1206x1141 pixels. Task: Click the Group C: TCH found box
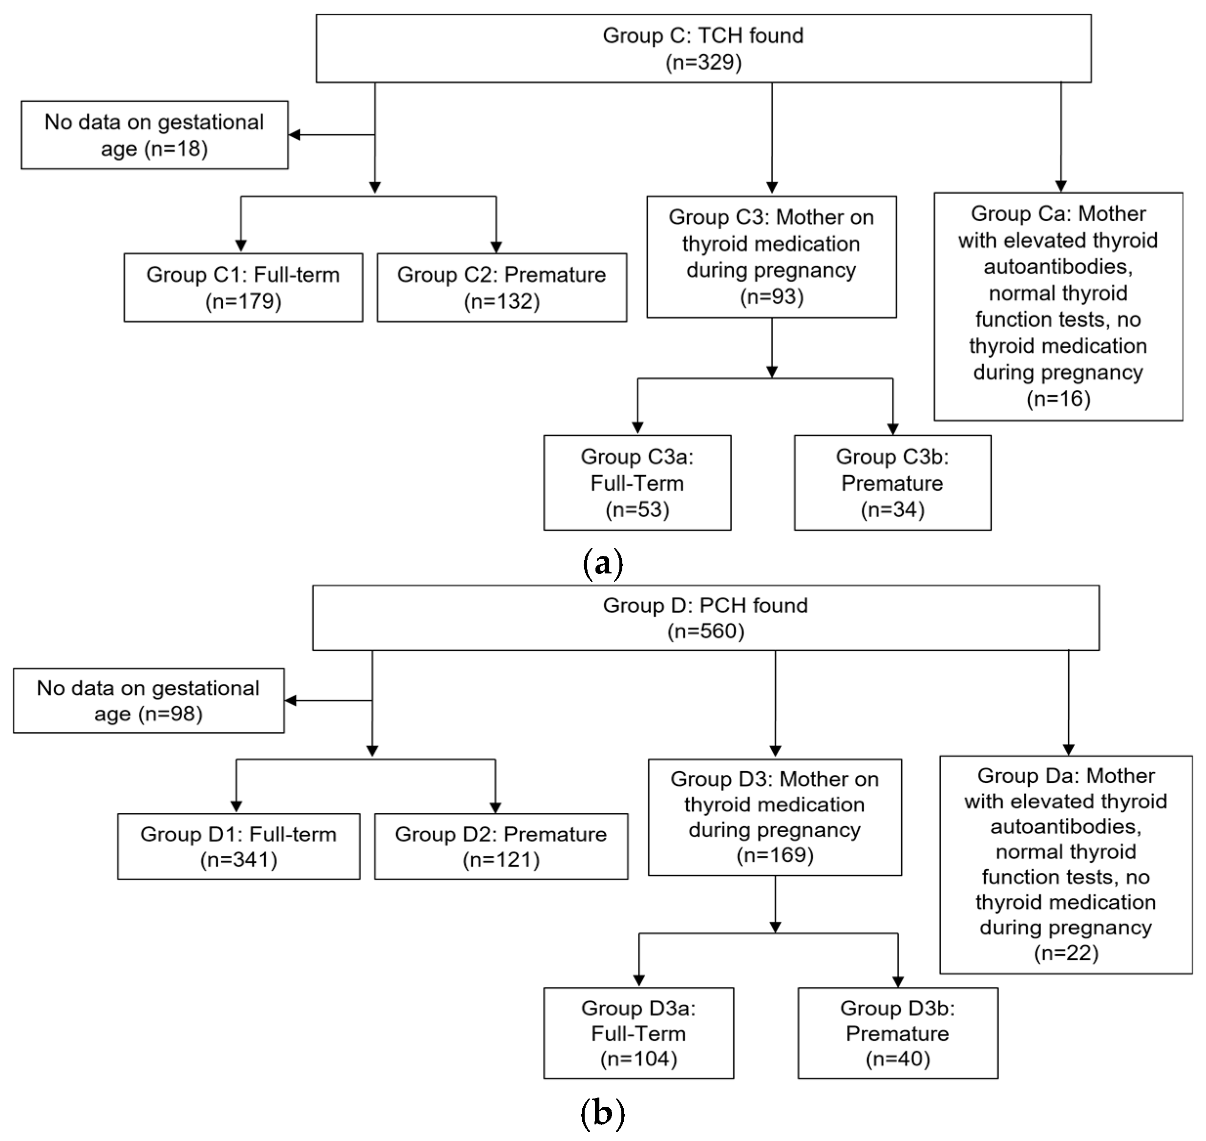[703, 49]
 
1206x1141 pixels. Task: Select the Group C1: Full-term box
[243, 287]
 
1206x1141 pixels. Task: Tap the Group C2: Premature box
[502, 287]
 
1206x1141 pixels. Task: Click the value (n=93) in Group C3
[771, 297]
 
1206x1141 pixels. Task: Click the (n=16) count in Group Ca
[1058, 399]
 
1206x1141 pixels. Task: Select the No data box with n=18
[154, 135]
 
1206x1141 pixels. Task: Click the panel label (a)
[603, 563]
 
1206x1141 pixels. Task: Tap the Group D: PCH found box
[705, 618]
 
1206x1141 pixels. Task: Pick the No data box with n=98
[148, 700]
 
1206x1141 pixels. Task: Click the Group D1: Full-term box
[238, 846]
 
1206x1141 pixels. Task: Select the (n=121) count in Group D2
[501, 860]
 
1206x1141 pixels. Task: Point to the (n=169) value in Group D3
[775, 855]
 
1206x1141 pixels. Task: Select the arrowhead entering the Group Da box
[1069, 749]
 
